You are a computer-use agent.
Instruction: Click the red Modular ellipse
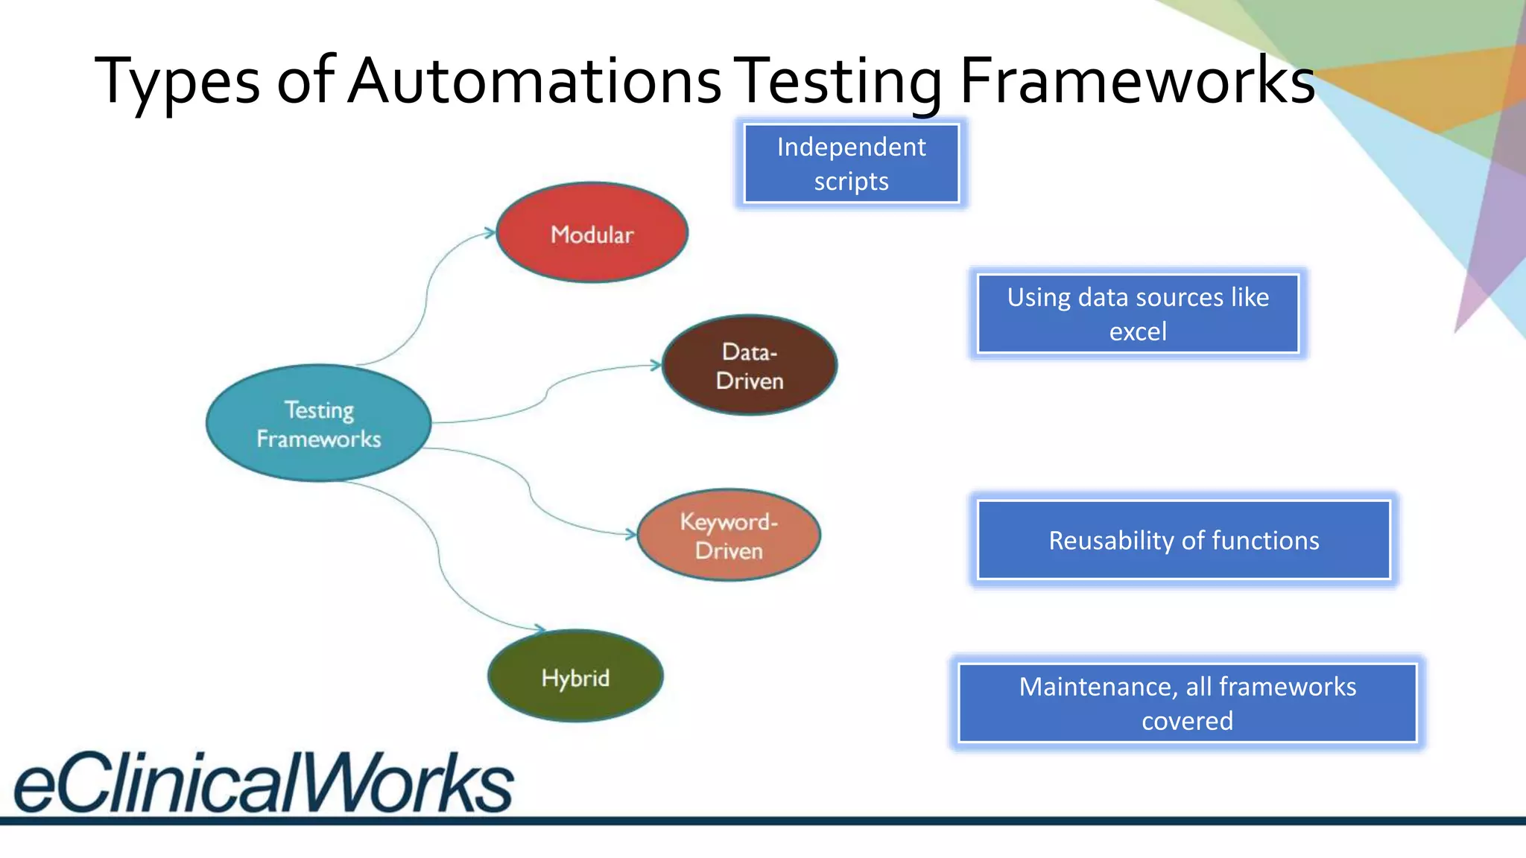pos(592,233)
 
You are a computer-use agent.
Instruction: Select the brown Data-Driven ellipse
pos(750,366)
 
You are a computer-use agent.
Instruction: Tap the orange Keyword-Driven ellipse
pos(729,536)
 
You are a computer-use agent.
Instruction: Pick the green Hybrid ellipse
pos(575,676)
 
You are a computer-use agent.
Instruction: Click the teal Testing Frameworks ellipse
pos(319,423)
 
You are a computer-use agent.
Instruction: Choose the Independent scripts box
pos(851,164)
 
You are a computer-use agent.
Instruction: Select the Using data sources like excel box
pos(1138,314)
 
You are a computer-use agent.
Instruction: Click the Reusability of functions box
pos(1183,540)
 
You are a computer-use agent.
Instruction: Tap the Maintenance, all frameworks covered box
pos(1187,703)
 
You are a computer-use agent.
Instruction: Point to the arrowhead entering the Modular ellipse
pos(490,233)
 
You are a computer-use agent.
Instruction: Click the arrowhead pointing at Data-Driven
pos(656,365)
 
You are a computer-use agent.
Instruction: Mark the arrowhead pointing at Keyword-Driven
pos(631,534)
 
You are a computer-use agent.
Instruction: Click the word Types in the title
pos(177,82)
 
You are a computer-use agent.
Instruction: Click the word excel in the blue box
pos(1138,331)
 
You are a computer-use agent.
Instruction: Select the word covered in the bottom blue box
pos(1187,721)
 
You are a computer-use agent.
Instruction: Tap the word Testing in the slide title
pos(841,82)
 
